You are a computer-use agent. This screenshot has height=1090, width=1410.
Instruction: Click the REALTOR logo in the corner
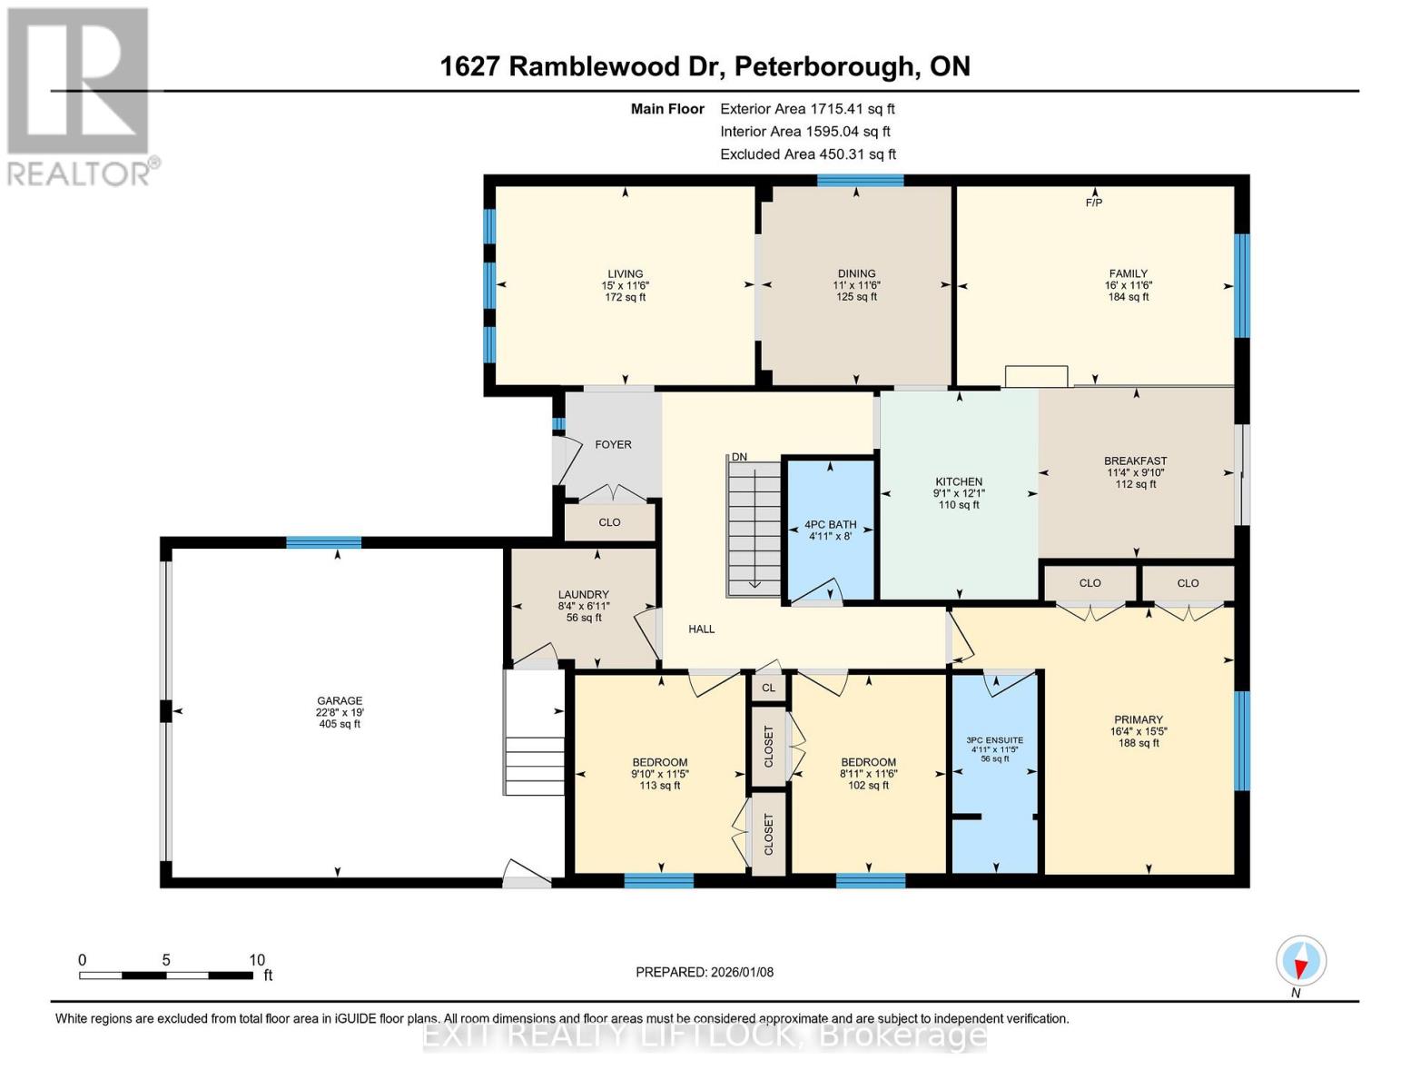(80, 96)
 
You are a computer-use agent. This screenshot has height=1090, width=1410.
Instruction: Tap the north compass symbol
(1301, 961)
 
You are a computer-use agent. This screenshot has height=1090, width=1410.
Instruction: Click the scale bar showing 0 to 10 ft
(166, 975)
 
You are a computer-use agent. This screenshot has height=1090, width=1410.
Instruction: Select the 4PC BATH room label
(830, 524)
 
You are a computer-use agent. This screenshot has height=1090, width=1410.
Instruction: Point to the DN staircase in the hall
(754, 527)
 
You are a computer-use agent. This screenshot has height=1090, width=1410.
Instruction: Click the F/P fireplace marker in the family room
(1094, 202)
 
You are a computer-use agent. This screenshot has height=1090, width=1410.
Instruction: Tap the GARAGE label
(340, 700)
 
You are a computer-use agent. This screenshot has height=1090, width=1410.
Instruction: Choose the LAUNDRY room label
(583, 594)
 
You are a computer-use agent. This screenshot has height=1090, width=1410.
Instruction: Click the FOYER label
(613, 444)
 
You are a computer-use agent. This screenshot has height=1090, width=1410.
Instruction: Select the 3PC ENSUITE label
(994, 739)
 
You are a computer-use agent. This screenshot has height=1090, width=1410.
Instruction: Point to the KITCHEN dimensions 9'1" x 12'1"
(959, 493)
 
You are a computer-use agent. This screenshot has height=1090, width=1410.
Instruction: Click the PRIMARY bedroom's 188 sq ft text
(1139, 743)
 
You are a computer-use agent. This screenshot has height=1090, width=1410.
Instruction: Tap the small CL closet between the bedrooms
(768, 688)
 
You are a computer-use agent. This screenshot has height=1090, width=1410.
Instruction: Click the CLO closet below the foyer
(609, 522)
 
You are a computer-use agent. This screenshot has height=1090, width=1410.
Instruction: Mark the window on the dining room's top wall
(859, 180)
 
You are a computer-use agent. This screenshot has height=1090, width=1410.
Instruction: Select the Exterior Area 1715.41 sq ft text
(807, 108)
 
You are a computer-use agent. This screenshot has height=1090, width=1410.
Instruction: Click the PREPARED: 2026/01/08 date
(705, 972)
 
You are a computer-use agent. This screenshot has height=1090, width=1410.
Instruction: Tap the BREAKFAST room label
(1135, 461)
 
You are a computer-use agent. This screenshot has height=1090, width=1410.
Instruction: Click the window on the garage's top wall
(323, 542)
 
